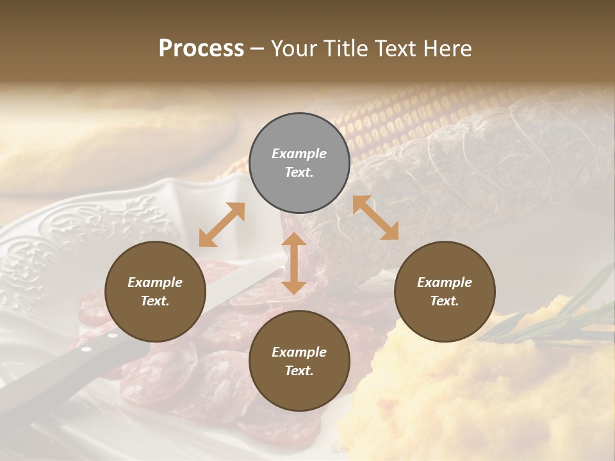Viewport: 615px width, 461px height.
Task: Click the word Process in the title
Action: [x=201, y=49]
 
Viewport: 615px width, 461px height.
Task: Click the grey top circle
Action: [x=299, y=163]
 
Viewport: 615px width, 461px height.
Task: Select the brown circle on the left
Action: [x=155, y=292]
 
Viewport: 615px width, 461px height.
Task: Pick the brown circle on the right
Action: [x=445, y=292]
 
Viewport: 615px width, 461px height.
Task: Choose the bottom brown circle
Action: [x=299, y=361]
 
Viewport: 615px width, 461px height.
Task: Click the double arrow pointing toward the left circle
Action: [x=222, y=225]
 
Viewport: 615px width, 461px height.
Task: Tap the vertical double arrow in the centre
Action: [x=294, y=263]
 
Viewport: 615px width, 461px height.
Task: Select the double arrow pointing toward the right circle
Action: [x=375, y=218]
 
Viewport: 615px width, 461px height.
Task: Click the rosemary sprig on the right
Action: [x=551, y=320]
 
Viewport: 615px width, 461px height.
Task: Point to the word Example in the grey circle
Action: [x=299, y=154]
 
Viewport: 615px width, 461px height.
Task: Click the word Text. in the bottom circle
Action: [x=299, y=371]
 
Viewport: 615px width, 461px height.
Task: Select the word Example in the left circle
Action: [x=155, y=282]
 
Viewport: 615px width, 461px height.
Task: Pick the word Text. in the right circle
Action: [x=445, y=301]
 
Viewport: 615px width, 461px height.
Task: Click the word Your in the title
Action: [x=293, y=49]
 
